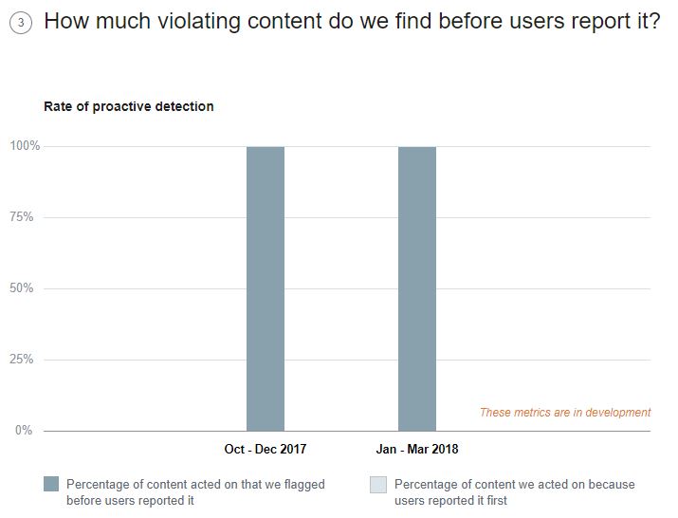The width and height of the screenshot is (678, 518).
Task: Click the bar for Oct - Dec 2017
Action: tap(266, 288)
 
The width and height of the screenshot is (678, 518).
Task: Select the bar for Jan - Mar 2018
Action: tap(417, 288)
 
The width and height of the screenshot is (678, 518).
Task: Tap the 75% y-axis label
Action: tap(23, 217)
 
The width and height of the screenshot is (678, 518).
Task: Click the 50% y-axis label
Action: tap(23, 288)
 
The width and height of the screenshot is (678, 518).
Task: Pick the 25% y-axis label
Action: tap(23, 360)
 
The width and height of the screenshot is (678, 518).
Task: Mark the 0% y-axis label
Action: tap(23, 431)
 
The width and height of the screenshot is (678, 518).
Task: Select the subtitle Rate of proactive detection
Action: tap(129, 106)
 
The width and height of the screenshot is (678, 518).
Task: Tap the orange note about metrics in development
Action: tap(565, 413)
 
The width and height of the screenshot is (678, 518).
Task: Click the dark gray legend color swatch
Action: tap(51, 485)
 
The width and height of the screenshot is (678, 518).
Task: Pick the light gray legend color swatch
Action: tap(378, 485)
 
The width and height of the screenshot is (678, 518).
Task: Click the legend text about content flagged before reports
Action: tap(195, 491)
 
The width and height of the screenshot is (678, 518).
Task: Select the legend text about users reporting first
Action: tap(514, 491)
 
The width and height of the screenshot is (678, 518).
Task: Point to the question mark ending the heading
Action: tap(653, 21)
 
